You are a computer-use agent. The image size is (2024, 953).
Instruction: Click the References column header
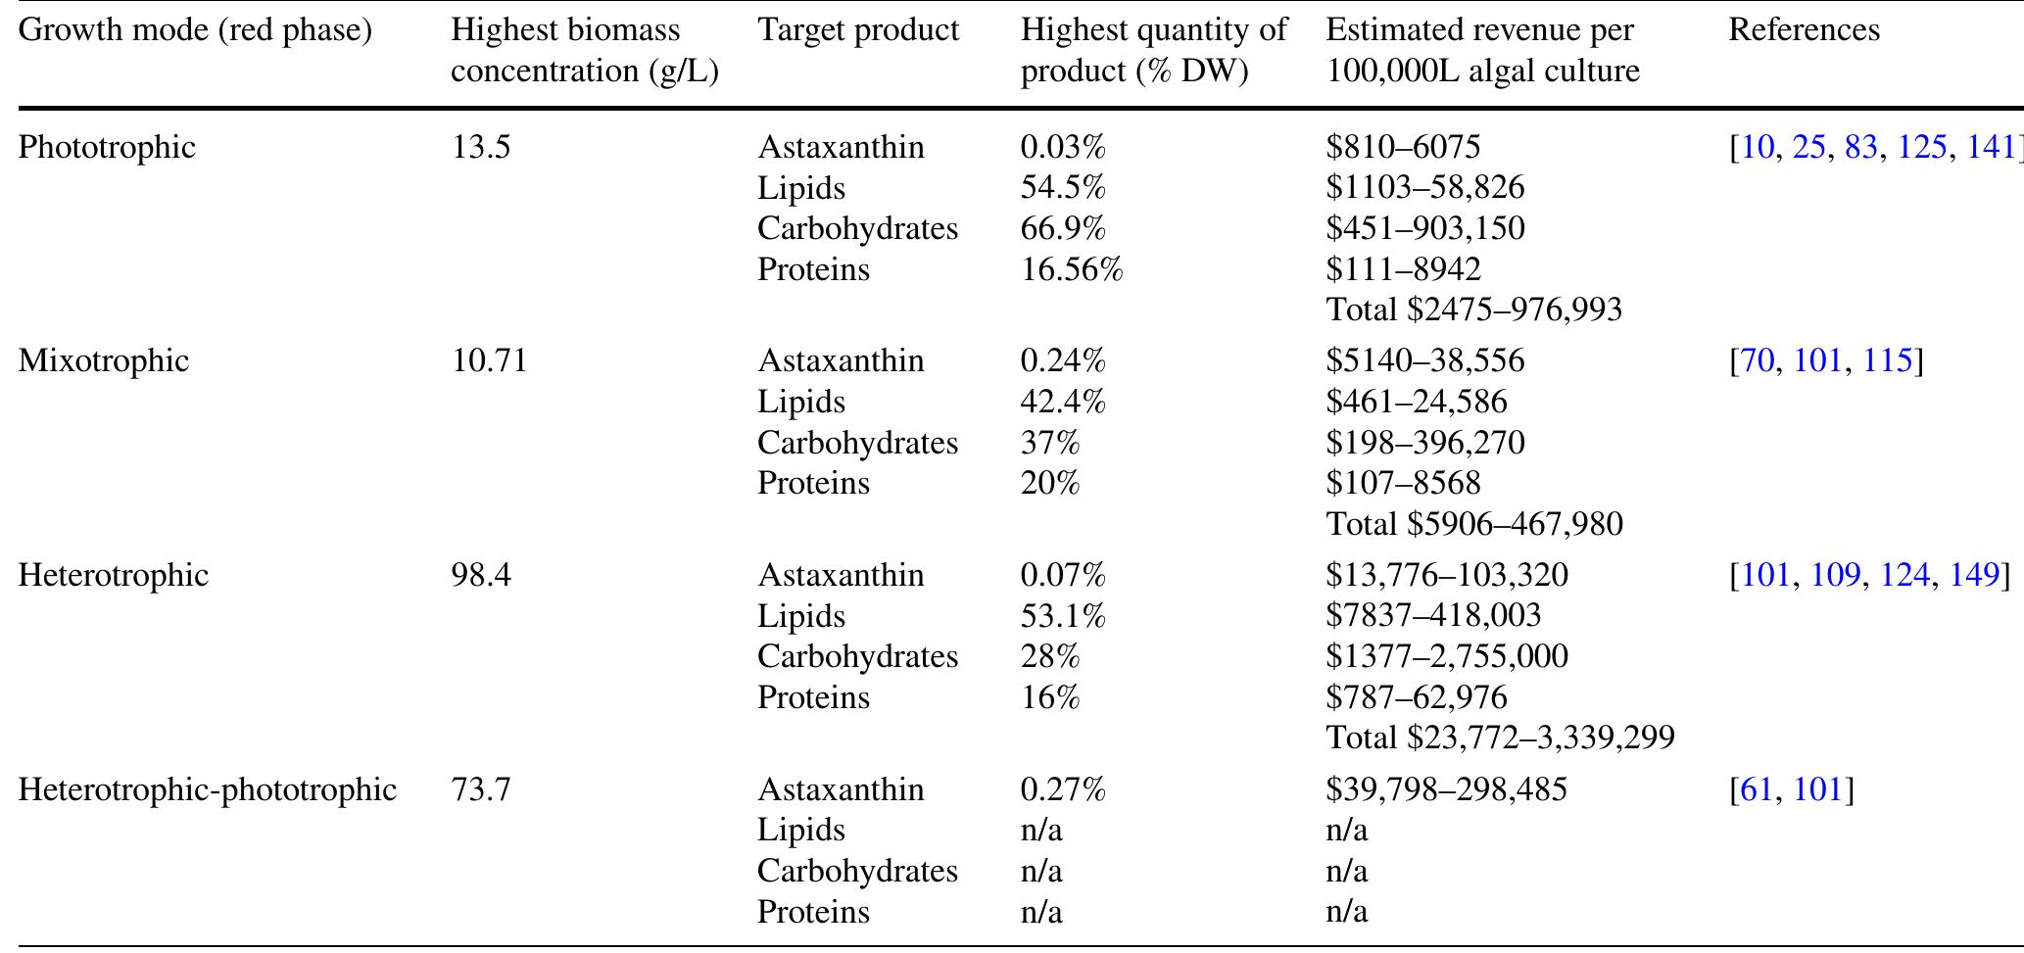[1804, 29]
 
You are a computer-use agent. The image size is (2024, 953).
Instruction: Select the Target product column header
[858, 29]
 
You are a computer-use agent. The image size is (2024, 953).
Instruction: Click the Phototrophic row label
[107, 147]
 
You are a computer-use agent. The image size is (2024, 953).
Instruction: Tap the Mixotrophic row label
[103, 360]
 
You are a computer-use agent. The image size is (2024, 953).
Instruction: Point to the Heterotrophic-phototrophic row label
[207, 788]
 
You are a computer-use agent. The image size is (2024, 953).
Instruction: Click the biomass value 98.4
[481, 574]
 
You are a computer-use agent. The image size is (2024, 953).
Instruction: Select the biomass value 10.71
[489, 360]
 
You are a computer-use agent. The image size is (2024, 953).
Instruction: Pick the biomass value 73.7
[481, 788]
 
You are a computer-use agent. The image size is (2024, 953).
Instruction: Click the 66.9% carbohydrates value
[1063, 228]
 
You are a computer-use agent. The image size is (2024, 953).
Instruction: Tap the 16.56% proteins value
[1072, 269]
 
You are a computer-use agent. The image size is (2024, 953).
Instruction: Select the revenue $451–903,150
[1425, 228]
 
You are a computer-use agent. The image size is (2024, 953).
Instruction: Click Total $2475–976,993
[1474, 310]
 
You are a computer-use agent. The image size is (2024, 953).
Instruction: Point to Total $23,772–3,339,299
[1500, 737]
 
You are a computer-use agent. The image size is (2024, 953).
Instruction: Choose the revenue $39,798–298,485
[1446, 788]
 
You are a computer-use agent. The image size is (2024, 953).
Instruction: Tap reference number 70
[1758, 360]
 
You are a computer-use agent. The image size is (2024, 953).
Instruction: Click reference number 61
[1758, 788]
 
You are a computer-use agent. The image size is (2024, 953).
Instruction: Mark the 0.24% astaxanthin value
[1063, 360]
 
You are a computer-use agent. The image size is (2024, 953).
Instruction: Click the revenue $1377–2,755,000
[1447, 655]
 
